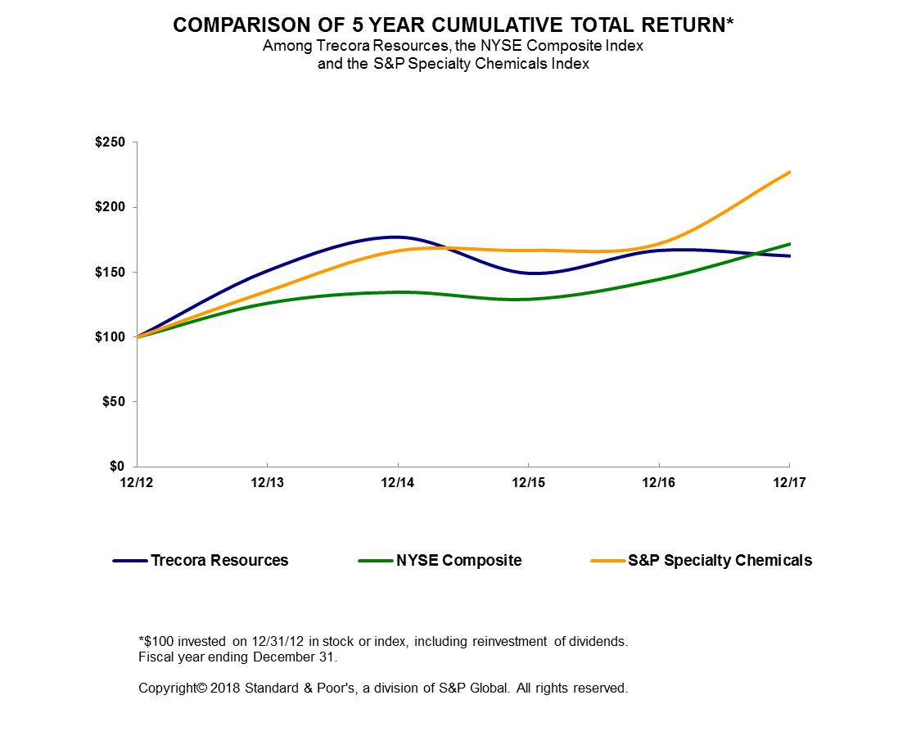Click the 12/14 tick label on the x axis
398,483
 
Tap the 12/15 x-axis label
528,483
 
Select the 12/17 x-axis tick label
789,483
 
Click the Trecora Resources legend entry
219,561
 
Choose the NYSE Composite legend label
458,561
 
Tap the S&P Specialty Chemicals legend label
720,561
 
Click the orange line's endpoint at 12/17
789,172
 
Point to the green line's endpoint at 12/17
789,244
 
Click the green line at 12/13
267,303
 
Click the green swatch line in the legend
375,561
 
